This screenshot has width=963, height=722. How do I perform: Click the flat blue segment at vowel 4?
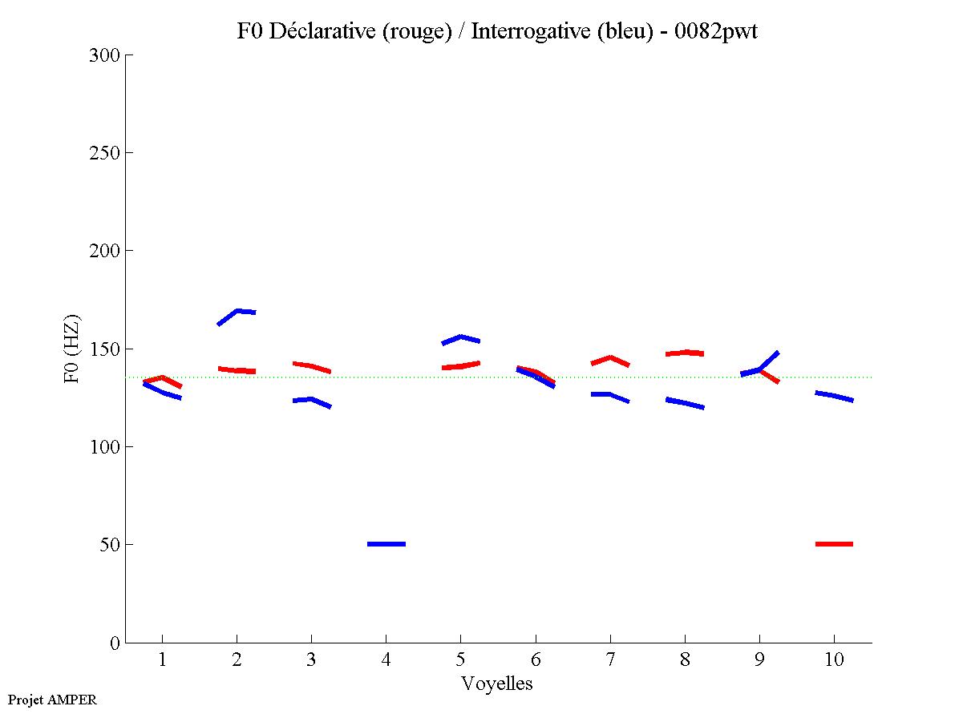coord(386,544)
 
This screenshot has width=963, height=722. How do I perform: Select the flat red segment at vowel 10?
coord(834,544)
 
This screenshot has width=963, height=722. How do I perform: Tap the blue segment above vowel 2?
coord(237,312)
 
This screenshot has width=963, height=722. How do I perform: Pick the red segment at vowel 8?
coord(685,353)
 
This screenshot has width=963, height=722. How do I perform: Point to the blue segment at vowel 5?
coord(461,338)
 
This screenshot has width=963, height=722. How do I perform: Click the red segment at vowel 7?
coord(610,359)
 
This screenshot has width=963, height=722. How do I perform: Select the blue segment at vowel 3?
coord(311,400)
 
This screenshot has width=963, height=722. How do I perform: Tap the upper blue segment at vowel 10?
coord(834,396)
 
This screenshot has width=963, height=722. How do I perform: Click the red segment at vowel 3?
coord(311,366)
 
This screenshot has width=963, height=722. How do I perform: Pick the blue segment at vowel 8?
coord(685,402)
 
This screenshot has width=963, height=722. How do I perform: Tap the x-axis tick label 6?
coord(536,659)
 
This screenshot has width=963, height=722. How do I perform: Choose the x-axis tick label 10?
coord(834,659)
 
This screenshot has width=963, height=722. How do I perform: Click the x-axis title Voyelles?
coord(497,684)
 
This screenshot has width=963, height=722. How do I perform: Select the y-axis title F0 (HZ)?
coord(71,349)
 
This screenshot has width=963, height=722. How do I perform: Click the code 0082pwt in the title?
coord(716,31)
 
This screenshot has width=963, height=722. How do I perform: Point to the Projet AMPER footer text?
coord(52,700)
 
